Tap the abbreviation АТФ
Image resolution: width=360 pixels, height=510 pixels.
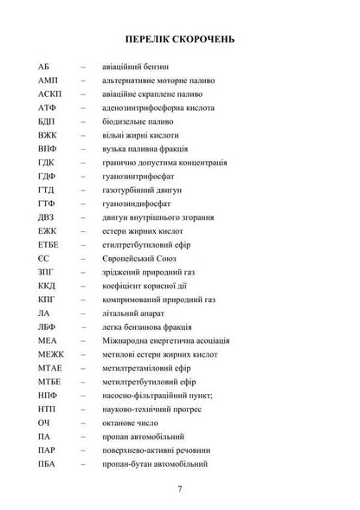[48, 108]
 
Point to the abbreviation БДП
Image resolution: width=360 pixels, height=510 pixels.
[48, 122]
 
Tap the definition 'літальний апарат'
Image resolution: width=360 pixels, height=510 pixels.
[134, 316]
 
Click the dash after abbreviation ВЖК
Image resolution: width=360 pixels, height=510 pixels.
[82, 136]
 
